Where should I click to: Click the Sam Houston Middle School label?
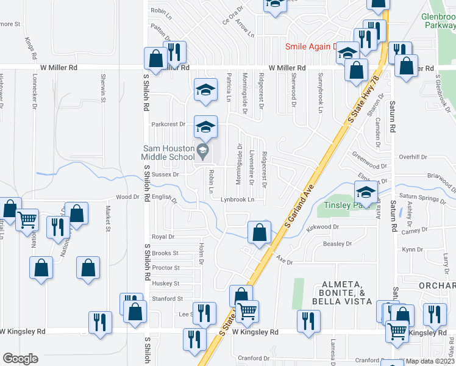point(169,152)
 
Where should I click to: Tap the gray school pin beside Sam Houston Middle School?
point(202,149)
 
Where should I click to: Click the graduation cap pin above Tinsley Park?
point(366,192)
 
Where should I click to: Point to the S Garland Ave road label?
point(297,207)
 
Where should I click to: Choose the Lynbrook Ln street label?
point(237,199)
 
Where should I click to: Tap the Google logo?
point(20,359)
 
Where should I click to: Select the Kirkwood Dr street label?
point(323,226)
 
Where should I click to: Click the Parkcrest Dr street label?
point(168,124)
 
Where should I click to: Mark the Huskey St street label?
point(166,284)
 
